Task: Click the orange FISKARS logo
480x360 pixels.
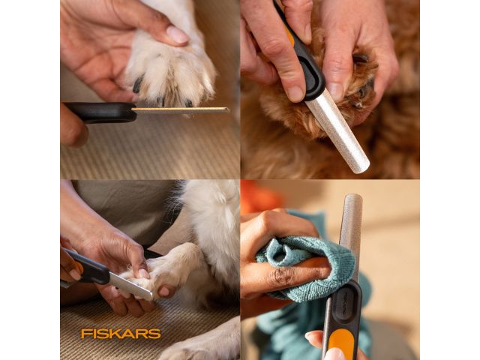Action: coord(121,334)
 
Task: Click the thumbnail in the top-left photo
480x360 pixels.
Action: coord(178,35)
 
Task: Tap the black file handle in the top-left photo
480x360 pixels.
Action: coord(100,112)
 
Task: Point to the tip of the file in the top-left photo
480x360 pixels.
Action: coord(228,110)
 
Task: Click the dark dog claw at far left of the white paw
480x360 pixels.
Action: coord(137,85)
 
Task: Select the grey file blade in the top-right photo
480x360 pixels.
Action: coord(337,130)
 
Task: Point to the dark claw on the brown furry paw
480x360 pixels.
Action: coord(361,58)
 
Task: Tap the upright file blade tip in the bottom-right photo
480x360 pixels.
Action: coord(353,196)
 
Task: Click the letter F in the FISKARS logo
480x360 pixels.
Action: coord(85,334)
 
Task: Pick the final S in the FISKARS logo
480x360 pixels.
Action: coord(155,334)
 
